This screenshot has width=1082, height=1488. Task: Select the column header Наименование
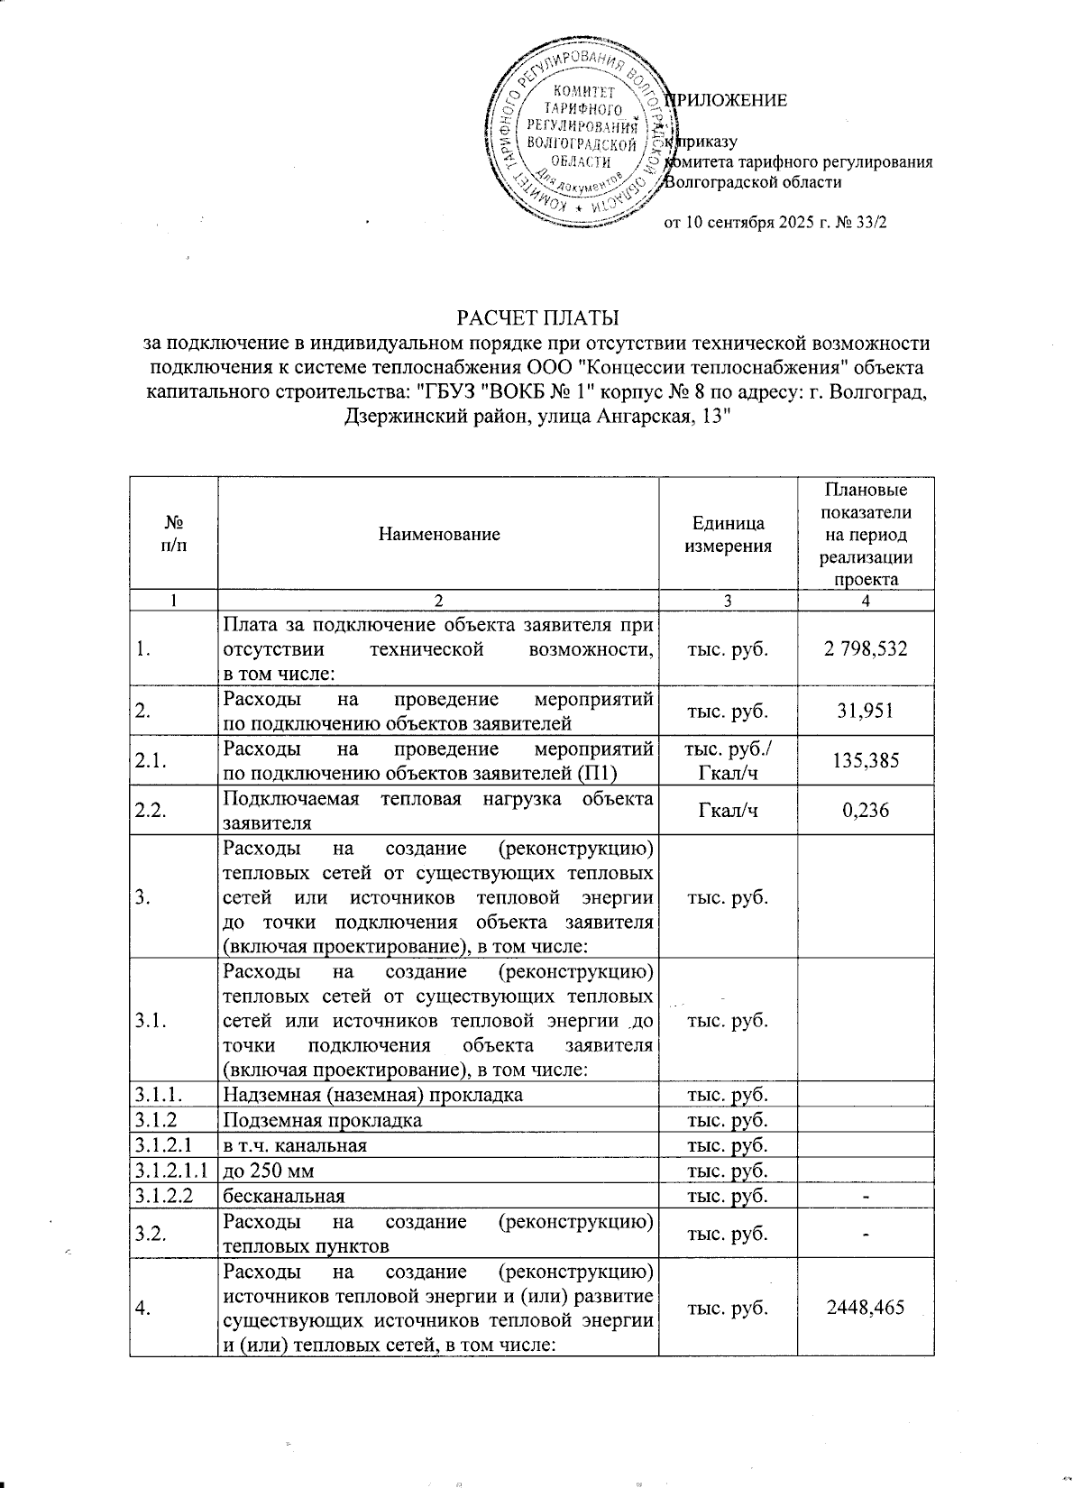(438, 535)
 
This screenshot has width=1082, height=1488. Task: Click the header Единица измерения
(728, 535)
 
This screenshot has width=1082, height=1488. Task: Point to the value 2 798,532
(866, 649)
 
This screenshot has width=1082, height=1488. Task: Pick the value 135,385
(866, 761)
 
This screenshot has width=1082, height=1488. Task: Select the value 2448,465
(866, 1308)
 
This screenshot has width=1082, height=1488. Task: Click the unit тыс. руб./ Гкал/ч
(728, 761)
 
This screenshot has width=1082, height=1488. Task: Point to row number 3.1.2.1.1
(172, 1171)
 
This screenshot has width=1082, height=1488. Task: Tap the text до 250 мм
(268, 1171)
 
